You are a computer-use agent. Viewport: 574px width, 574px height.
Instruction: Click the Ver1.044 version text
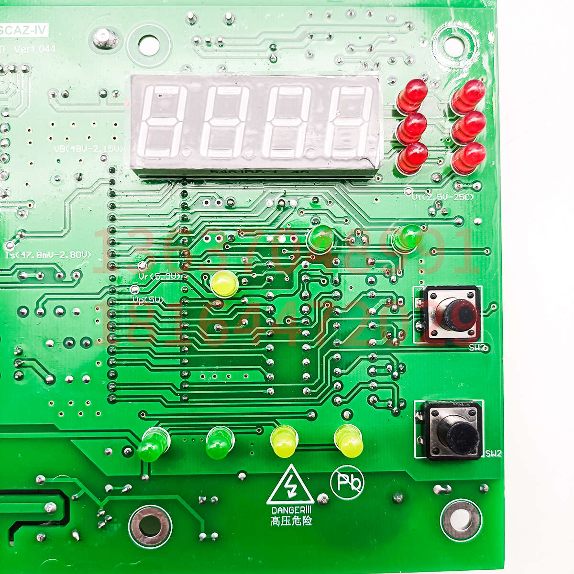[34, 49]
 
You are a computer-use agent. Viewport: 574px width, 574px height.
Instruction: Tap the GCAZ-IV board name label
[24, 31]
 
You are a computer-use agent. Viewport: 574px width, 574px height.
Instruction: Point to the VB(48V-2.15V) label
[88, 149]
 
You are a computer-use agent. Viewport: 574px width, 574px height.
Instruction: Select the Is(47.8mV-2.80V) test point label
[48, 255]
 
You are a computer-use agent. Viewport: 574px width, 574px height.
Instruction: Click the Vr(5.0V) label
[160, 276]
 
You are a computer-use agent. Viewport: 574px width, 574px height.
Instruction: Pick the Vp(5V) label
[149, 300]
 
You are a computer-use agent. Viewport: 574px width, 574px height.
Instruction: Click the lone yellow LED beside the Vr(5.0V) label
[224, 284]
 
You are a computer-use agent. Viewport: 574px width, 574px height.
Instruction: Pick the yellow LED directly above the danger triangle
[284, 441]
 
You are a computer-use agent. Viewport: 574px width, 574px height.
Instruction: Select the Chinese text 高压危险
[291, 520]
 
